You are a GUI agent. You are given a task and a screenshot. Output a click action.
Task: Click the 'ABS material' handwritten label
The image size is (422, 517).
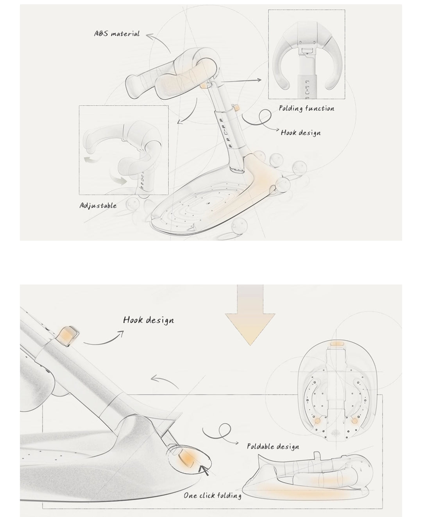[x=117, y=34]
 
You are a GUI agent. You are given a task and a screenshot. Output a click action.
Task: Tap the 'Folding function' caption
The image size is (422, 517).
[x=306, y=108]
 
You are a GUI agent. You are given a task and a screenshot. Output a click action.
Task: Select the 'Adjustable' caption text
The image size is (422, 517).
[x=98, y=206]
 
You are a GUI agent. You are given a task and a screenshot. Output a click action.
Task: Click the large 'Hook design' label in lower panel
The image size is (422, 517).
[x=148, y=320]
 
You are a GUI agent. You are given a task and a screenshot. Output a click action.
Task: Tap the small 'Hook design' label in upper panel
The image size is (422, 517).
[x=301, y=132]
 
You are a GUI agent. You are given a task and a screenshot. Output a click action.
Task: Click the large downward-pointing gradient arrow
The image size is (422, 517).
[x=250, y=315]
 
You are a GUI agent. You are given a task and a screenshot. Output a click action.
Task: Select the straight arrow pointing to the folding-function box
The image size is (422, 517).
[x=241, y=81]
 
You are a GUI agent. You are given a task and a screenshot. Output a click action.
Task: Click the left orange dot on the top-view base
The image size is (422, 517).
[x=317, y=420]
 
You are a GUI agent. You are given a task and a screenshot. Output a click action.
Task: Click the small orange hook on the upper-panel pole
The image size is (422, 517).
[x=236, y=108]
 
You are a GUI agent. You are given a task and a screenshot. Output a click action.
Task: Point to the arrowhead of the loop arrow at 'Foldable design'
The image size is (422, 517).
[x=237, y=443]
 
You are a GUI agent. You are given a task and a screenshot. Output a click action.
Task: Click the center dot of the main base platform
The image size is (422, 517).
[x=209, y=203]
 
